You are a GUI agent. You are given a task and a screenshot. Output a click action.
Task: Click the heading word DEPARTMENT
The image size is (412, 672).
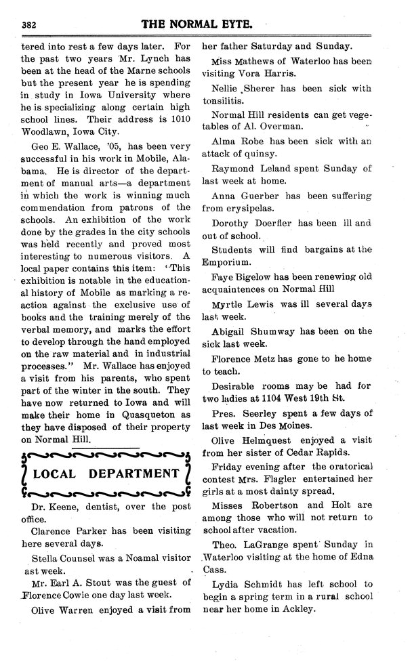point(136,472)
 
